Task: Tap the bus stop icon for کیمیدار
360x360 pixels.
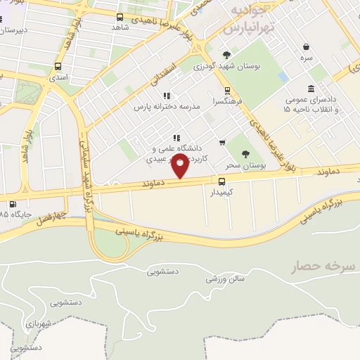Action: (222, 181)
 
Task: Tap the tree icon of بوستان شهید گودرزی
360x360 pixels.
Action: (226, 56)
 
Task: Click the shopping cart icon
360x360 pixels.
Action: (222, 142)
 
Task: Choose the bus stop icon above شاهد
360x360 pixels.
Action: (120, 17)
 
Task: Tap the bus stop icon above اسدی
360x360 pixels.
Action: (58, 67)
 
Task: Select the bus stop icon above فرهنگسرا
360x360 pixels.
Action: (227, 91)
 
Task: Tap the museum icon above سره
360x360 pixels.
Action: (307, 47)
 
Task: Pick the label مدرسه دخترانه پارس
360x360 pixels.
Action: (168, 108)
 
